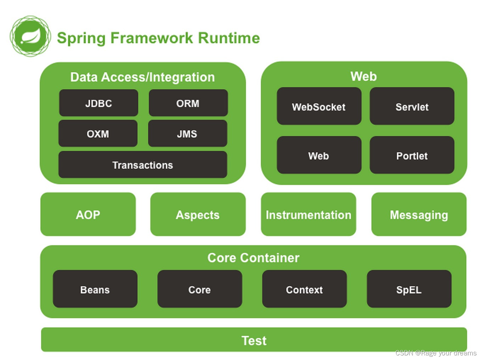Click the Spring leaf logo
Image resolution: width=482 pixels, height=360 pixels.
(30, 36)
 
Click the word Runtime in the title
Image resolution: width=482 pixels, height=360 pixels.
(229, 38)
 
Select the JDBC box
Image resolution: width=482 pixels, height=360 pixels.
(99, 103)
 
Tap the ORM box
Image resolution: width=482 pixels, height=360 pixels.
(188, 103)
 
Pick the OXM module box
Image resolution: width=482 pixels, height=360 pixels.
(98, 134)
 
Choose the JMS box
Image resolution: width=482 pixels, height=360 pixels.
(187, 134)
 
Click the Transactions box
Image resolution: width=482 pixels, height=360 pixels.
(142, 165)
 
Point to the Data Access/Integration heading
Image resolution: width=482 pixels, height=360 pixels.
(142, 77)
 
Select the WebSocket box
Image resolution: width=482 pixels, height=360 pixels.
(319, 106)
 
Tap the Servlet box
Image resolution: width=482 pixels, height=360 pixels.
(412, 106)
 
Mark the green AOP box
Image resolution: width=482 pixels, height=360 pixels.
(88, 214)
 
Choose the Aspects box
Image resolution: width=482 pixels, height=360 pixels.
(198, 214)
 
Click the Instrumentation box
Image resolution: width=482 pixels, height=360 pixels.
(308, 214)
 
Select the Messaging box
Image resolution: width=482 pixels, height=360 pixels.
(419, 214)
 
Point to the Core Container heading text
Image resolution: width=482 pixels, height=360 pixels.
(253, 258)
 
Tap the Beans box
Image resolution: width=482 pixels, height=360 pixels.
(95, 289)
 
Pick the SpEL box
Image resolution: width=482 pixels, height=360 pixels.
(409, 289)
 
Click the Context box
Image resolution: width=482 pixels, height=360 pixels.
(304, 289)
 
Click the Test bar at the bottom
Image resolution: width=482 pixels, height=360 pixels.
(254, 340)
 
